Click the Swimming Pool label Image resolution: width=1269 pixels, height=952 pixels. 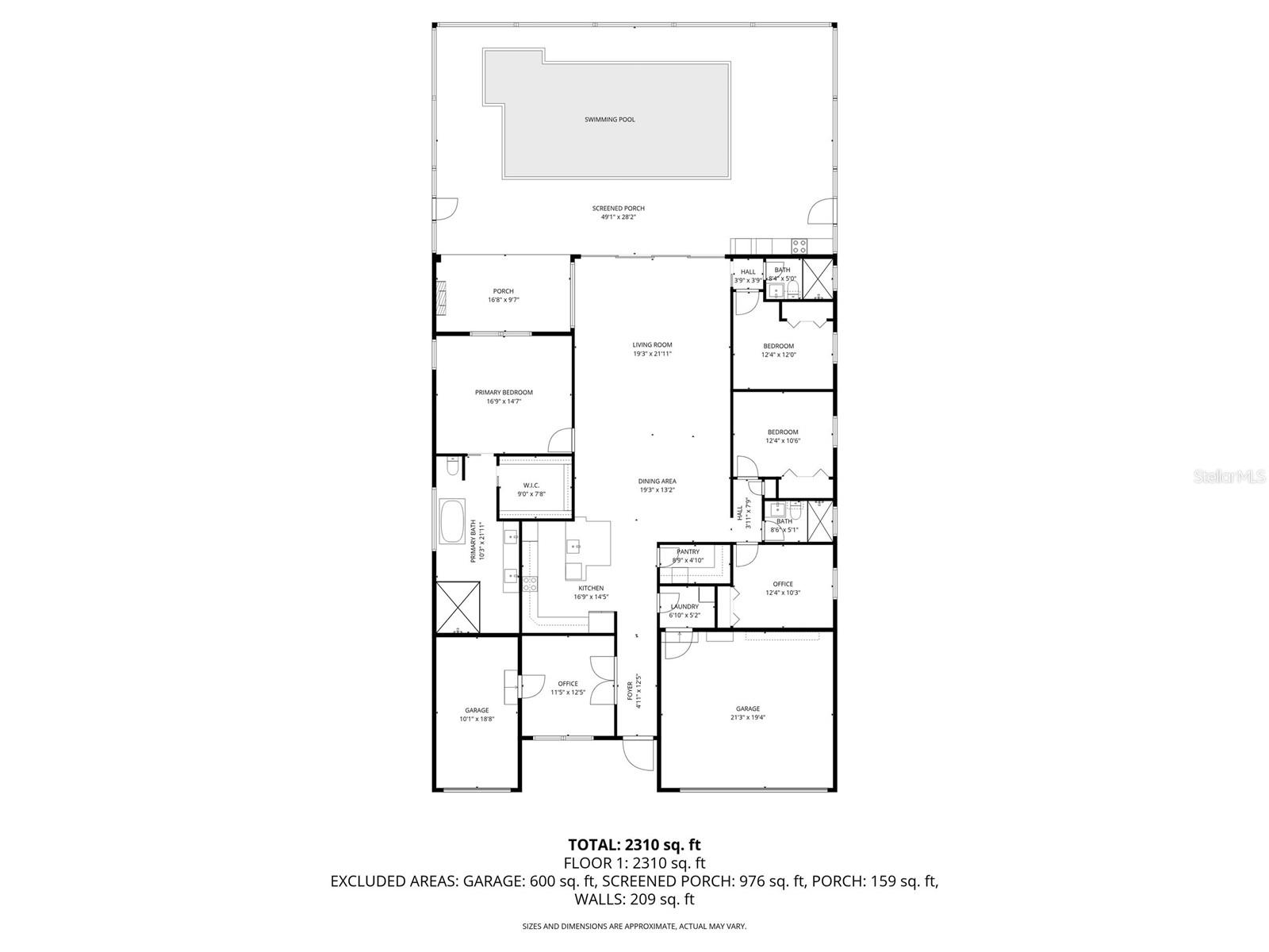[x=609, y=120]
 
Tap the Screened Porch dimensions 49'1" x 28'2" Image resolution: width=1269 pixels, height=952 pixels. [x=618, y=217]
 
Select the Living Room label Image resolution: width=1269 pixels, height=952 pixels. [x=652, y=345]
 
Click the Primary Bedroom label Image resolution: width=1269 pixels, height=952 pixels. [x=504, y=392]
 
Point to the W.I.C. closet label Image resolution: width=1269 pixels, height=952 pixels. [x=531, y=486]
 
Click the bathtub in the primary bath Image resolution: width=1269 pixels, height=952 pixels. [x=454, y=521]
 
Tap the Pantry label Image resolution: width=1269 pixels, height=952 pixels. [x=688, y=551]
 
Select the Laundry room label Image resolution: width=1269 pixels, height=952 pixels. [x=684, y=606]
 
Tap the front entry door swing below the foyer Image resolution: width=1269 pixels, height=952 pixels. [x=637, y=753]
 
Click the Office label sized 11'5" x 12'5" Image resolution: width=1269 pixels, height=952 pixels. [x=568, y=684]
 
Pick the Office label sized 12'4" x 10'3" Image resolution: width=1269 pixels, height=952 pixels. [x=783, y=584]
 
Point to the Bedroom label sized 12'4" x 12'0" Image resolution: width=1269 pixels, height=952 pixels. [x=778, y=346]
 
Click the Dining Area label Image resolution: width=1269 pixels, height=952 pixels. [x=657, y=481]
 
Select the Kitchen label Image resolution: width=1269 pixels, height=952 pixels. [x=591, y=588]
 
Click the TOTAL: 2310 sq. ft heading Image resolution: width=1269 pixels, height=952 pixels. [x=634, y=844]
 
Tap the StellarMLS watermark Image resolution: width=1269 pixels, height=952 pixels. [x=1233, y=477]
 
